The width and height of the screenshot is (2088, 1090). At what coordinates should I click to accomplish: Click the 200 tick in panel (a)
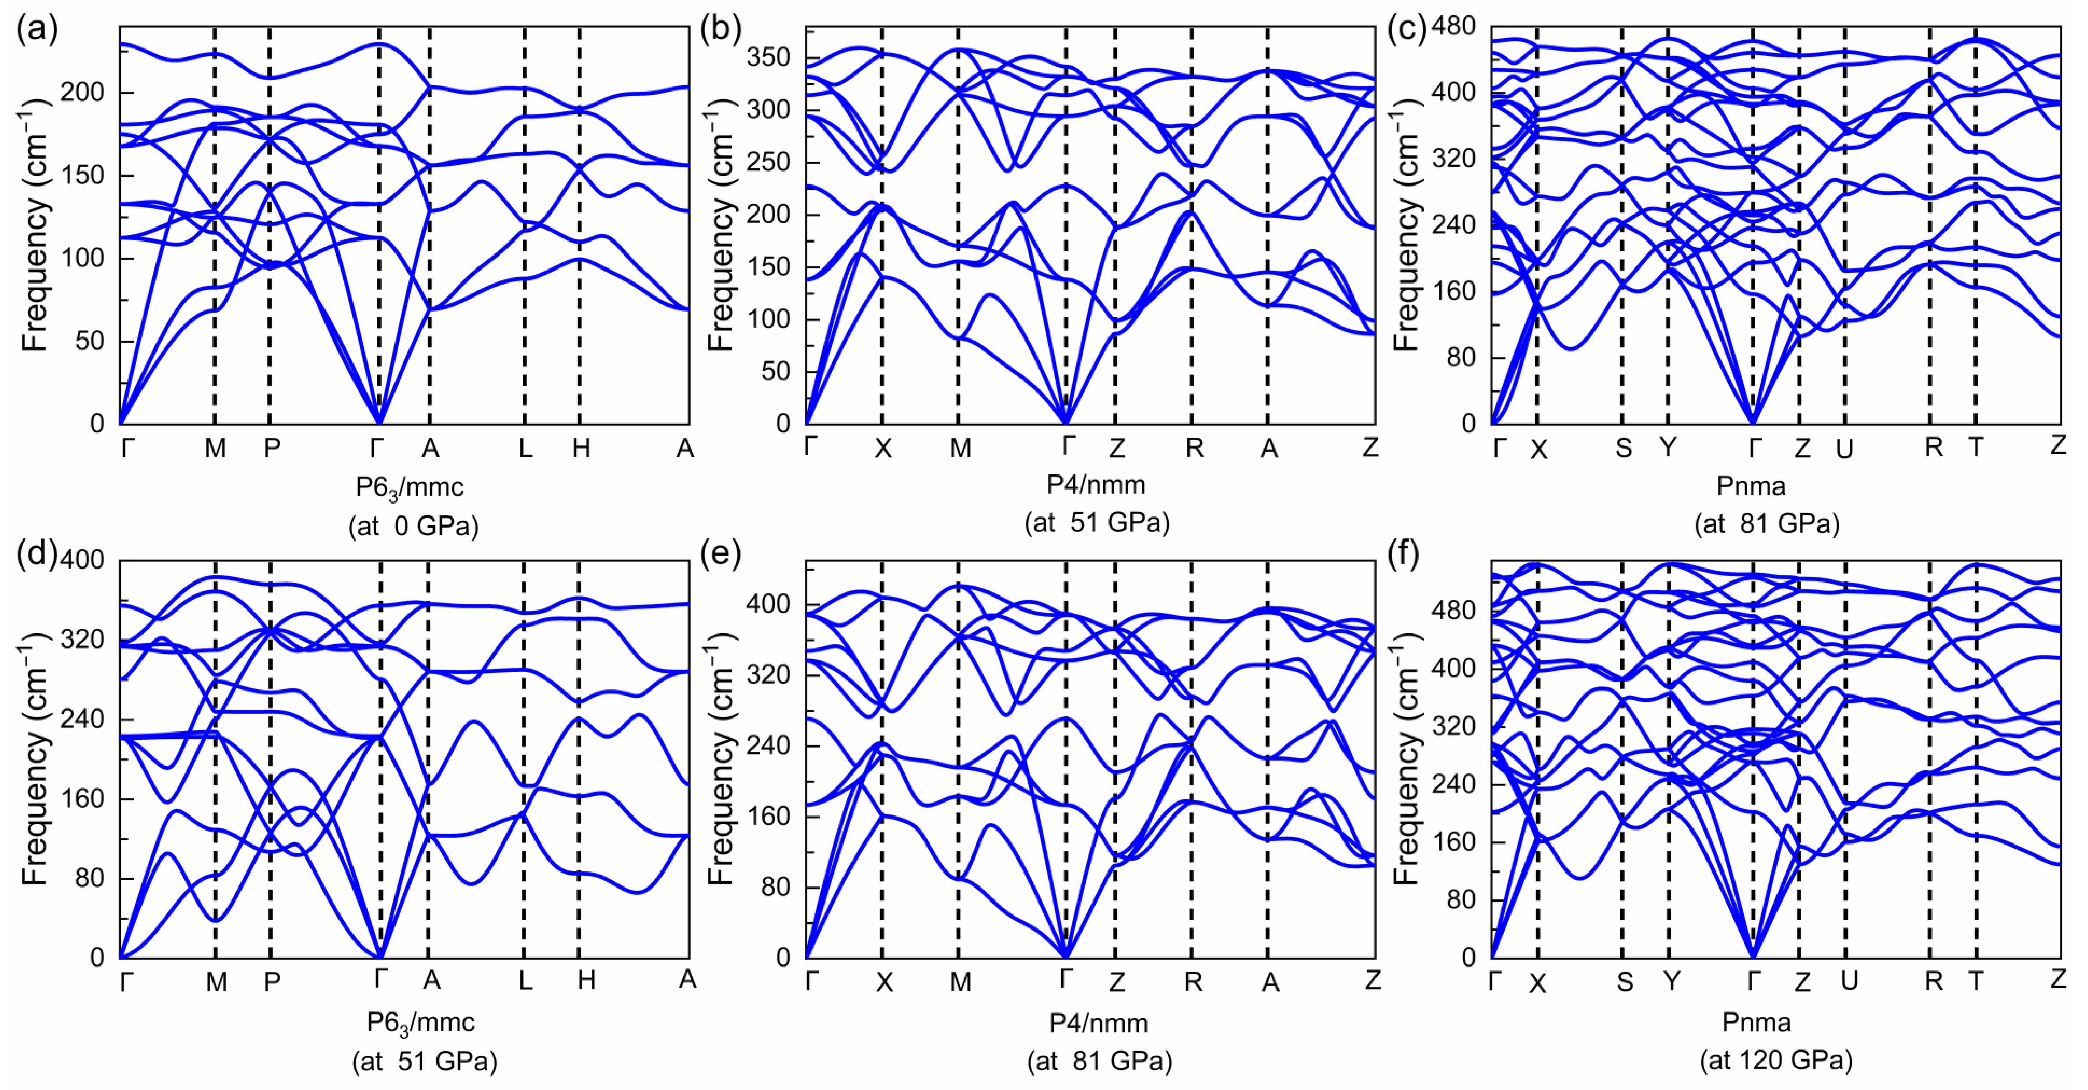(x=83, y=92)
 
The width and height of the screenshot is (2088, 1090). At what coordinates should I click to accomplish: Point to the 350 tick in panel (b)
(x=769, y=57)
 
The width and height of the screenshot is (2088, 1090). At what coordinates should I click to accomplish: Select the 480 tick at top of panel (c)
(x=1453, y=27)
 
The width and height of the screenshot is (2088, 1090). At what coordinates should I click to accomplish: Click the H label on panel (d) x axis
(x=586, y=981)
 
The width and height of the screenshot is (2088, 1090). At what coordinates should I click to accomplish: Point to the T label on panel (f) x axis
(x=1975, y=981)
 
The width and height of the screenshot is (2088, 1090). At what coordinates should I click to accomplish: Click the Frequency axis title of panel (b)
(x=720, y=225)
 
